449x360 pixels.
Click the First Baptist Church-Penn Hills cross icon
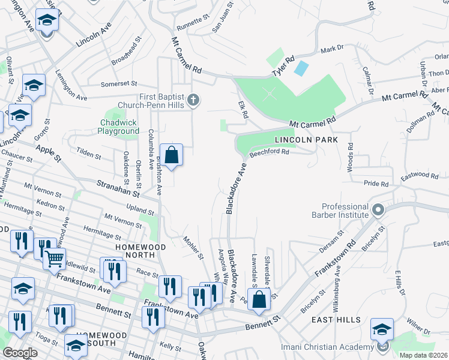coord(193,100)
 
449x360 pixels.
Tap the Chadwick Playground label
coord(119,127)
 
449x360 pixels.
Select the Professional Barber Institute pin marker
coord(378,211)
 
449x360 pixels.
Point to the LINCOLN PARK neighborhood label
coord(306,140)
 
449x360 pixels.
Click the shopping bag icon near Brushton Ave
coord(172,155)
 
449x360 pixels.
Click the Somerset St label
coord(119,84)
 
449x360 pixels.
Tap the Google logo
coord(20,353)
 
